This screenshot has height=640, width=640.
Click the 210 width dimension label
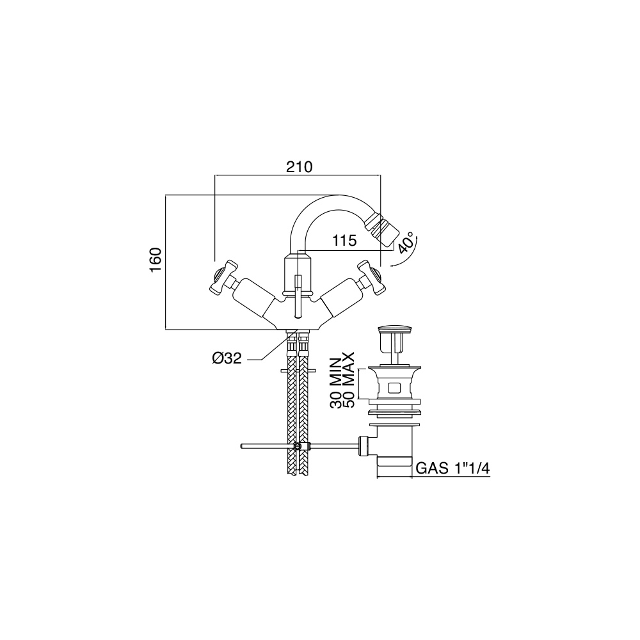[299, 167]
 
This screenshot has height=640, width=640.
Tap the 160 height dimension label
[156, 260]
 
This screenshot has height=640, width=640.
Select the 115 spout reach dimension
[344, 241]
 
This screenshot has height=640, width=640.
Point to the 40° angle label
[406, 243]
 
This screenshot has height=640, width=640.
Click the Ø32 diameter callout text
[227, 358]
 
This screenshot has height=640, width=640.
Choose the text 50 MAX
[348, 380]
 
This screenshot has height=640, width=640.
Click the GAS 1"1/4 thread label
[452, 468]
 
